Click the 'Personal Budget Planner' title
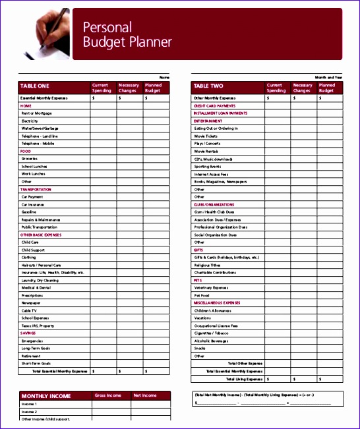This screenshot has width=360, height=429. coord(127,34)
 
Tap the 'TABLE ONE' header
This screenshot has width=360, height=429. coord(34,86)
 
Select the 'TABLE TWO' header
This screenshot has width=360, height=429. coord(208,86)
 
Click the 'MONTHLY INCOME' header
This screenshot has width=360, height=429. coord(46,395)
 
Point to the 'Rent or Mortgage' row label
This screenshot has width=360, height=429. coord(36,113)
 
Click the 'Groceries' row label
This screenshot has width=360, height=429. coord(30,159)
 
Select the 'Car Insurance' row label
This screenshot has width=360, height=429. coord(33,204)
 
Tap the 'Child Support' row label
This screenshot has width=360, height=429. coord(32,250)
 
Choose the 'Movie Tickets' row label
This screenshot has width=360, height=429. coord(206,136)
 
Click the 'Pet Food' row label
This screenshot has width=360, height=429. coord(202,295)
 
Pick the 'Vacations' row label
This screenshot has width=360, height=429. coord(203,318)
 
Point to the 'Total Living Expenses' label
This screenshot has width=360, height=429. coord(244,379)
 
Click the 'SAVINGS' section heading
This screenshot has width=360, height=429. coord(28,333)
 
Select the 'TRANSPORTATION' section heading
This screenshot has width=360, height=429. coord(36,189)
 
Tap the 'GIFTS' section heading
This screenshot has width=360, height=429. coord(198,250)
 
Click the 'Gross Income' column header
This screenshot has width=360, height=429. coord(108,395)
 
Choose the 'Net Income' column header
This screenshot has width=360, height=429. coord(144,395)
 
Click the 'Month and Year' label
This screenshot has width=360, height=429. coord(329,77)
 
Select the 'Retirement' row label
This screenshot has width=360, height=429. coord(31,356)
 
